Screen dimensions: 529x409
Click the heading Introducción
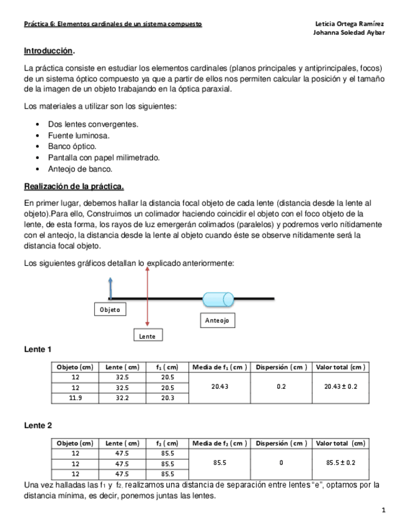pyautogui.click(x=49, y=51)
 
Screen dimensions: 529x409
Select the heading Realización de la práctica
pyautogui.click(x=74, y=186)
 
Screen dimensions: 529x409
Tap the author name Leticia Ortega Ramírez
pyautogui.click(x=351, y=24)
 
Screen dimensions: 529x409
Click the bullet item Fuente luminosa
pyautogui.click(x=79, y=135)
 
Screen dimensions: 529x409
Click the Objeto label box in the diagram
pyautogui.click(x=110, y=309)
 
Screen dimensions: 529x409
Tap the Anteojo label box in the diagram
pyautogui.click(x=217, y=320)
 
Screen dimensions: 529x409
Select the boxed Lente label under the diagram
pyautogui.click(x=147, y=336)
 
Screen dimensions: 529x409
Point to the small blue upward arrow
pyautogui.click(x=110, y=289)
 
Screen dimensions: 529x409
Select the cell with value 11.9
pyautogui.click(x=75, y=397)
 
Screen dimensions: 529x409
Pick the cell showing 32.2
pyautogui.click(x=122, y=397)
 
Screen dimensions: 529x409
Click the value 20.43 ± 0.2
pyautogui.click(x=340, y=387)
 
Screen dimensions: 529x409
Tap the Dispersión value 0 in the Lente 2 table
pyautogui.click(x=281, y=463)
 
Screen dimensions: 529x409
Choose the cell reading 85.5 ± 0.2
pyautogui.click(x=340, y=463)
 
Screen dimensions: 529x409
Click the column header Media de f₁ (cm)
pyautogui.click(x=219, y=367)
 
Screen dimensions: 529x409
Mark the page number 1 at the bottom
pyautogui.click(x=384, y=510)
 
